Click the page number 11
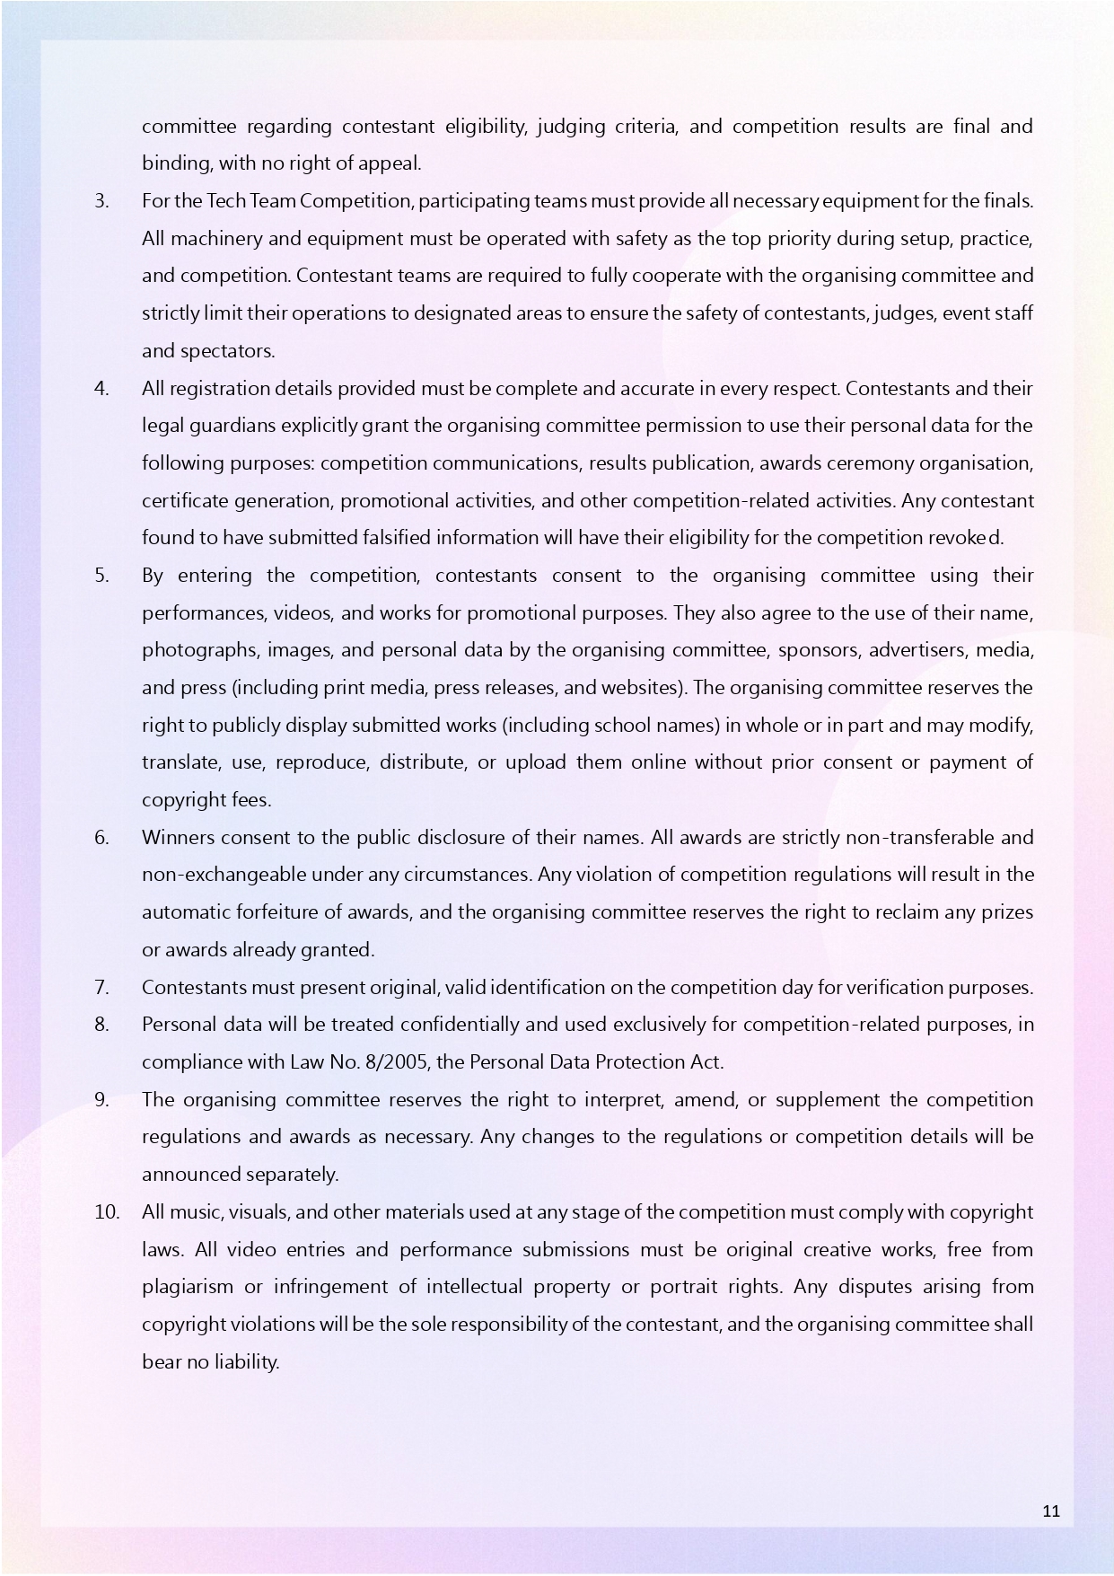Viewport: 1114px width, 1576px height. coord(1051,1510)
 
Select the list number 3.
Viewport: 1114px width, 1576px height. coord(101,201)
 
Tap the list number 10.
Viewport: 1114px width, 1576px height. coord(107,1212)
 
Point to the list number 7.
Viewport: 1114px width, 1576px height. coord(101,988)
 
